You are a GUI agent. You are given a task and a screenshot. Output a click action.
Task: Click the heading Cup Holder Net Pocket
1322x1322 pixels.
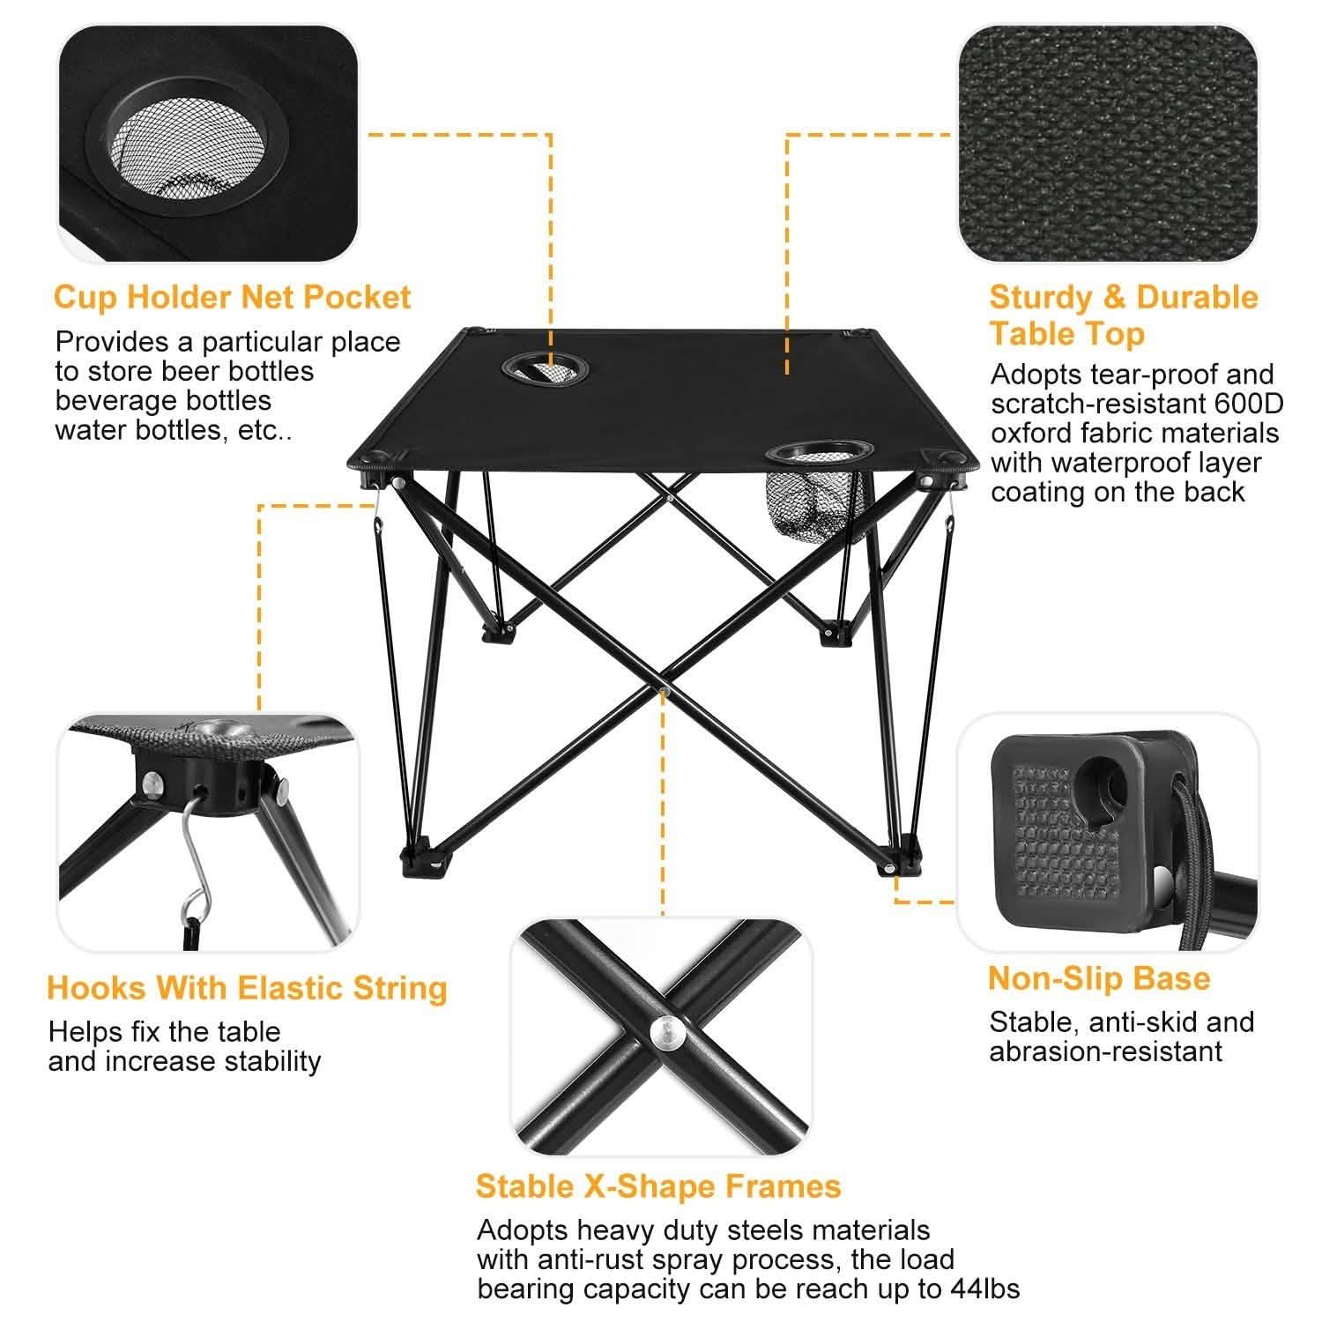pos(232,297)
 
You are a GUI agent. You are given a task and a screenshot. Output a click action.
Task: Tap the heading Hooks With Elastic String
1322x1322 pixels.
pos(247,987)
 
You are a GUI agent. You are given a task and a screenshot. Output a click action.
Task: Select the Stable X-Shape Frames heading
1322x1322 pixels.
pos(658,1186)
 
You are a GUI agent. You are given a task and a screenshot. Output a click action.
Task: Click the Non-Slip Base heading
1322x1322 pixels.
pos(1099,978)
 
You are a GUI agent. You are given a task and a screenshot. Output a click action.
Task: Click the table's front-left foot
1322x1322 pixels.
pos(425,862)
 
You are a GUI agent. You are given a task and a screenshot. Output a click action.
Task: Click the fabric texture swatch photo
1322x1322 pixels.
pos(1108,143)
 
